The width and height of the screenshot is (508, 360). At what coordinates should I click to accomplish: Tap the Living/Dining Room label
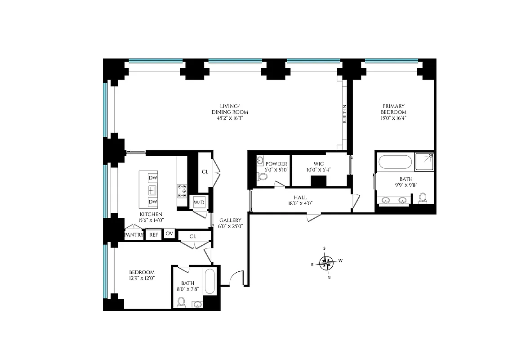tap(230, 112)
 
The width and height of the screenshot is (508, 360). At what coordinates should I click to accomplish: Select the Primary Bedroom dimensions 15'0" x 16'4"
tap(393, 118)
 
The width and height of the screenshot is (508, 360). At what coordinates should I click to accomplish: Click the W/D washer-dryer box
tap(199, 202)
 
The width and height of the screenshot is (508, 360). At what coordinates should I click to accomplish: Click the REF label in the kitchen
tap(154, 234)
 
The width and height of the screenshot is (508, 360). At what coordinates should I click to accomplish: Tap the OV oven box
tap(169, 233)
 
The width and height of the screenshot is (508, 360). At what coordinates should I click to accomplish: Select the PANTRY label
tap(134, 234)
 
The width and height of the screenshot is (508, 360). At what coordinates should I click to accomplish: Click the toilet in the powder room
tap(263, 177)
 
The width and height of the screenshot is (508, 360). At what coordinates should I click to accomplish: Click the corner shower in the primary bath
tap(424, 161)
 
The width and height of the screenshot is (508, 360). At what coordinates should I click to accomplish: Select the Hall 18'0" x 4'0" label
tap(300, 200)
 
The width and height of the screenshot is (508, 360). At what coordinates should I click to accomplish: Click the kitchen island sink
tap(153, 189)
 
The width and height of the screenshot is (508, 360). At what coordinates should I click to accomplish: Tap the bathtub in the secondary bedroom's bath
tap(210, 281)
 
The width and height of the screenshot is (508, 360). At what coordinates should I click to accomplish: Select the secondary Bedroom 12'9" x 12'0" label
tap(142, 275)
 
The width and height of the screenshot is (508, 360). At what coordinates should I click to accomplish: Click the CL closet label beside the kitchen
tap(205, 171)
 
